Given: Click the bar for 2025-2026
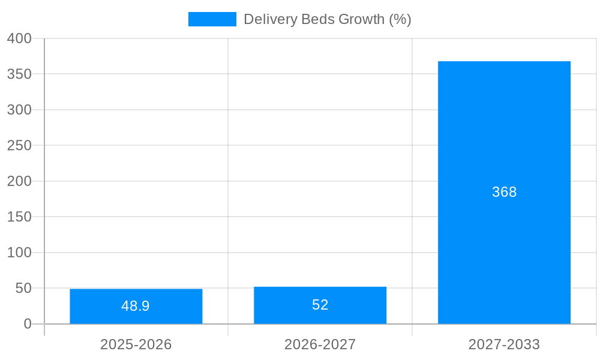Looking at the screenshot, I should pyautogui.click(x=136, y=307).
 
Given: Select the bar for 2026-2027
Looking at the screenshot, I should pyautogui.click(x=320, y=305).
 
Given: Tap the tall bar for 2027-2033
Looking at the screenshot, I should pyautogui.click(x=504, y=193).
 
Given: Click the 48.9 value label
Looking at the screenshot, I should pyautogui.click(x=136, y=306).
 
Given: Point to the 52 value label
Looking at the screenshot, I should pyautogui.click(x=320, y=305).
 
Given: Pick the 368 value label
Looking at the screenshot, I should pyautogui.click(x=504, y=192).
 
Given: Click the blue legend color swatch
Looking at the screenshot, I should pyautogui.click(x=212, y=19).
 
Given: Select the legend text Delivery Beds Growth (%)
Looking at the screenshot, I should pyautogui.click(x=327, y=19).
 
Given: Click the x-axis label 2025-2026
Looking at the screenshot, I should pyautogui.click(x=136, y=344).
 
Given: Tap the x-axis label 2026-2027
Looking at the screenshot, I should pyautogui.click(x=320, y=344).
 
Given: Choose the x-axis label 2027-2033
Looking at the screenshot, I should pyautogui.click(x=504, y=344).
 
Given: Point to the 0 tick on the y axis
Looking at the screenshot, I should pyautogui.click(x=28, y=324).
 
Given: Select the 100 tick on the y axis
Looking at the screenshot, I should pyautogui.click(x=20, y=253).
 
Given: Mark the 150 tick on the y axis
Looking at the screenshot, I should pyautogui.click(x=20, y=217).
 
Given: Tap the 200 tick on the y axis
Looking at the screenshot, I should pyautogui.click(x=20, y=181).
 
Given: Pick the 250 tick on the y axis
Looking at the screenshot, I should pyautogui.click(x=20, y=145).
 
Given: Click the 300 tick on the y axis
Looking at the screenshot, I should pyautogui.click(x=20, y=110).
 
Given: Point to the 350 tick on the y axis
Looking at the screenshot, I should pyautogui.click(x=20, y=74).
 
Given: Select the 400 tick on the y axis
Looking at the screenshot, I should pyautogui.click(x=20, y=38).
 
